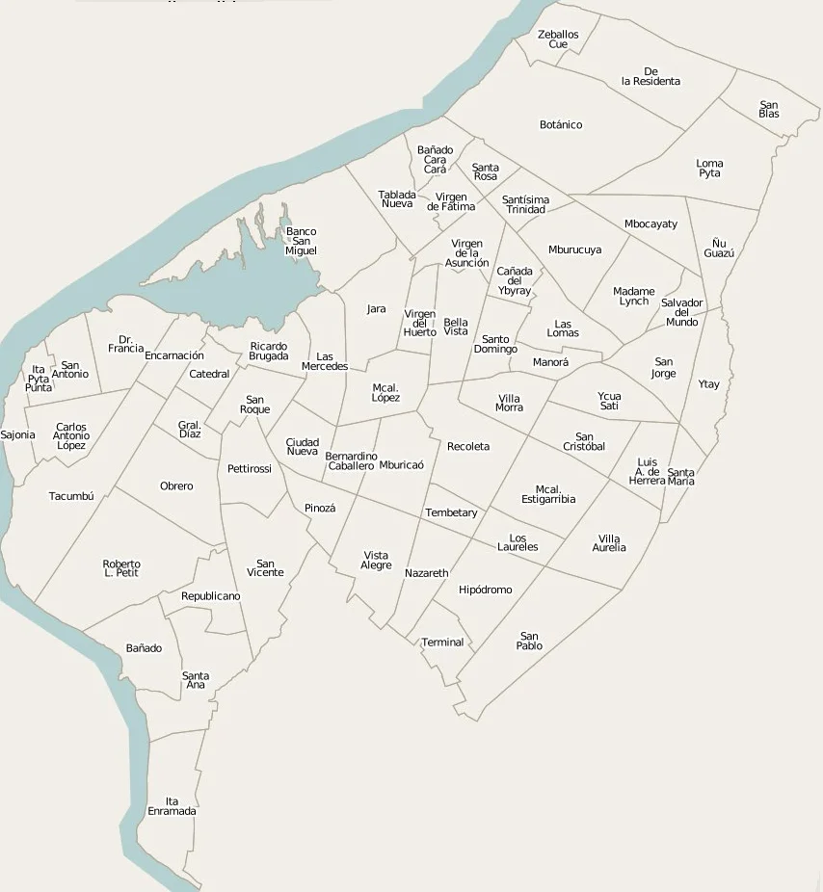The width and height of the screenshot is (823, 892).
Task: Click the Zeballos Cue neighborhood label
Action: pos(558,39)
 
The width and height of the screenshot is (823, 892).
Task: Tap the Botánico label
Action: pos(561,125)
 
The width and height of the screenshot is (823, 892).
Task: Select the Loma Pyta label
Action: pos(709,169)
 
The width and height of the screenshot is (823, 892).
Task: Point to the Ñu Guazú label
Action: pos(718,249)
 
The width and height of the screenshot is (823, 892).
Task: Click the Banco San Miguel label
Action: pos(301,242)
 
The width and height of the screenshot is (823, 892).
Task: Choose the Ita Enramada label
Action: pos(172,806)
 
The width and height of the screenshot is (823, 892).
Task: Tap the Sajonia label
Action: pos(17,435)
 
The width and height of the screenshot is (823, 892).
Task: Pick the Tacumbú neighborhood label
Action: pos(71,497)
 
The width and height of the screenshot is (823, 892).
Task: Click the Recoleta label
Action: pos(468,447)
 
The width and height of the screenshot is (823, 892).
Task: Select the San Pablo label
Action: pos(529,641)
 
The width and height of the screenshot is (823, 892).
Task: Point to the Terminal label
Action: pos(443,643)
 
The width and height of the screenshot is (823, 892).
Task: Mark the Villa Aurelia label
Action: pos(609,543)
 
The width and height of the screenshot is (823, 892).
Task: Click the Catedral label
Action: pos(209,375)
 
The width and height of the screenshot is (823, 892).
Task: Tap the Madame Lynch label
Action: pos(633,297)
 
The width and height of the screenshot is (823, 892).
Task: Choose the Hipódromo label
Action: pos(486,590)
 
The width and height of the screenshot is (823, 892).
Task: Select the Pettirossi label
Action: pos(250,469)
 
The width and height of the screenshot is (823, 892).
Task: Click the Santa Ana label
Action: pos(196,680)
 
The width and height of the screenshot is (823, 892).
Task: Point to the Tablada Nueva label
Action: pos(397,199)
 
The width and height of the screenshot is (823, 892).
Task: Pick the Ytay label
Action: pos(708,384)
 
